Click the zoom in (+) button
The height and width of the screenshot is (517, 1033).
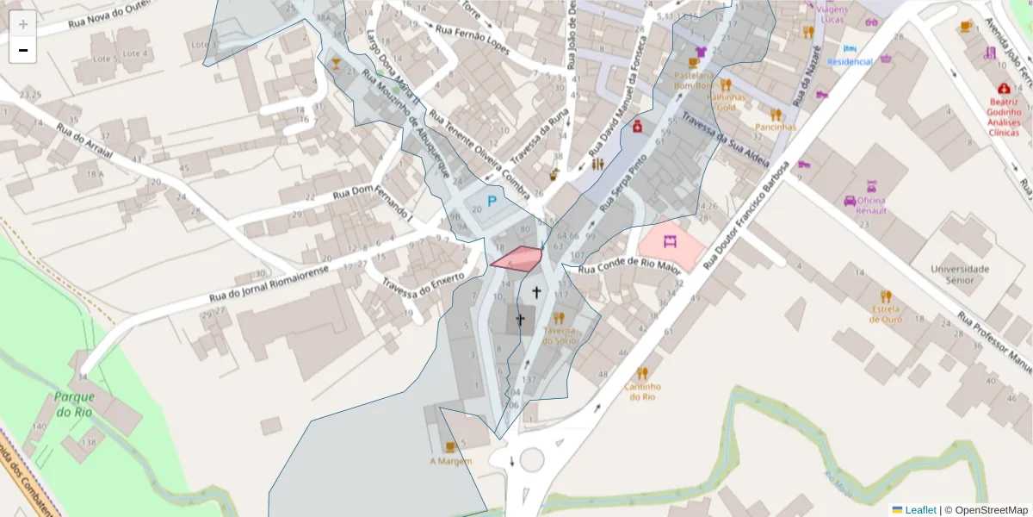23,24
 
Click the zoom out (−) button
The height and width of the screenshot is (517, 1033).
23,50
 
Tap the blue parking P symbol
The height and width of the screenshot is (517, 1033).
492,202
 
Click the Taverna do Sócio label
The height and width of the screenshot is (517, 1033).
560,335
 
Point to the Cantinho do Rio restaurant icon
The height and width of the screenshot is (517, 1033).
641,373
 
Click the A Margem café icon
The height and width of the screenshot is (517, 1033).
450,446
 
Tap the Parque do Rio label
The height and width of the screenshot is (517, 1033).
73,404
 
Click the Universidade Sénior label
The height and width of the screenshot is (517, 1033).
959,273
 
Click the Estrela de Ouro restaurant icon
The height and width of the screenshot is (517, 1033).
886,296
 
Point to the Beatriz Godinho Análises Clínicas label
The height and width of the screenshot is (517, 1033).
1004,116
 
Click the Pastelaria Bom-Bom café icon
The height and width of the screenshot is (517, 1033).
694,63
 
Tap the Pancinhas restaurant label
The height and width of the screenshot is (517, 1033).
776,127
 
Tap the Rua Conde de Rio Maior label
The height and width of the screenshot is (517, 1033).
630,268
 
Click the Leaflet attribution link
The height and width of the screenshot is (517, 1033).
920,510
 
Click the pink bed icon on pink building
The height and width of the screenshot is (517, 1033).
670,241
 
